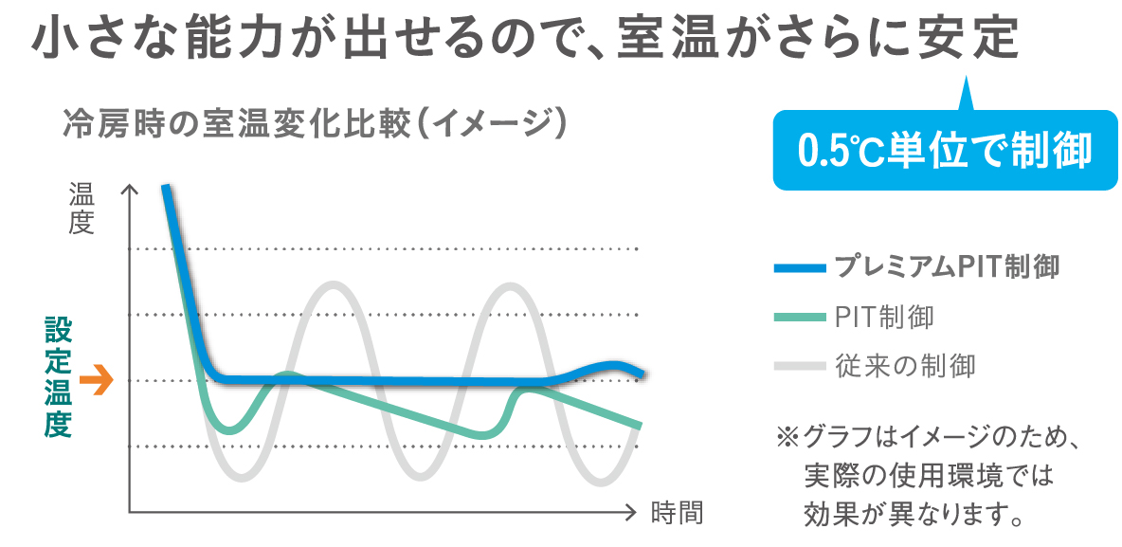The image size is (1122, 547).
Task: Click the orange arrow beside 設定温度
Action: click(96, 381)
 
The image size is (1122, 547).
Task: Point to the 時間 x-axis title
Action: click(678, 513)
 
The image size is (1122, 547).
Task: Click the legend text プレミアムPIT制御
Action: click(946, 266)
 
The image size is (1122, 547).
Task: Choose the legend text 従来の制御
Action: click(905, 365)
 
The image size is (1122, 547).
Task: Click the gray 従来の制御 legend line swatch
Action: click(799, 365)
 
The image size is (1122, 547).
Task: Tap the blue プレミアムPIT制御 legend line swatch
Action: click(799, 267)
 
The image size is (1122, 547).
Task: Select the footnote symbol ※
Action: click(788, 438)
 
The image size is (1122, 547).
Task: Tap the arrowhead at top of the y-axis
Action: click(129, 189)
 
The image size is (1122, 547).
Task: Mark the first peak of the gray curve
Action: click(334, 284)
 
